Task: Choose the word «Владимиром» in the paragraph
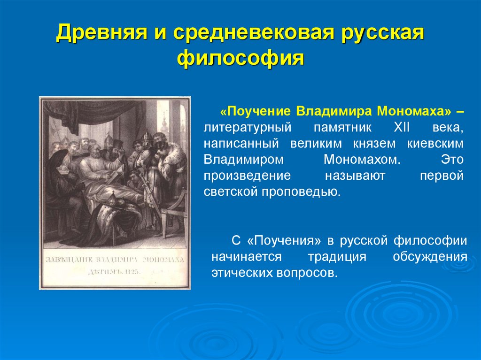click(x=244, y=159)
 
